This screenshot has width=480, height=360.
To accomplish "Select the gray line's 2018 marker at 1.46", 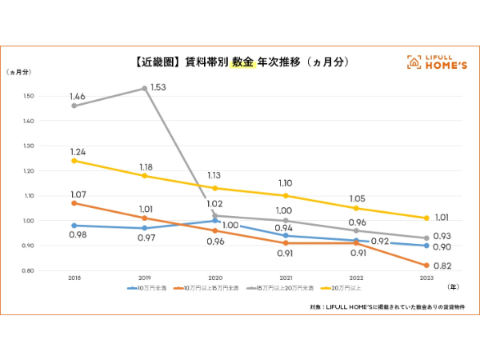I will coord(74,106).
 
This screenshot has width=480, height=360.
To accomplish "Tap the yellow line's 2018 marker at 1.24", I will coord(74,160).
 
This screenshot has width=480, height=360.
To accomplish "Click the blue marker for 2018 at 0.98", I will coord(74,226).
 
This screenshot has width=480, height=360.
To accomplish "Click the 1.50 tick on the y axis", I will coord(29,96).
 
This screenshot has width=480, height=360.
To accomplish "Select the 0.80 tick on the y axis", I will coord(29,270).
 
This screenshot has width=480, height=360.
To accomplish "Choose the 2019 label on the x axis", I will coord(144,278).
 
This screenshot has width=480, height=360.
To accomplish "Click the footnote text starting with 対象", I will coord(385,306).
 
